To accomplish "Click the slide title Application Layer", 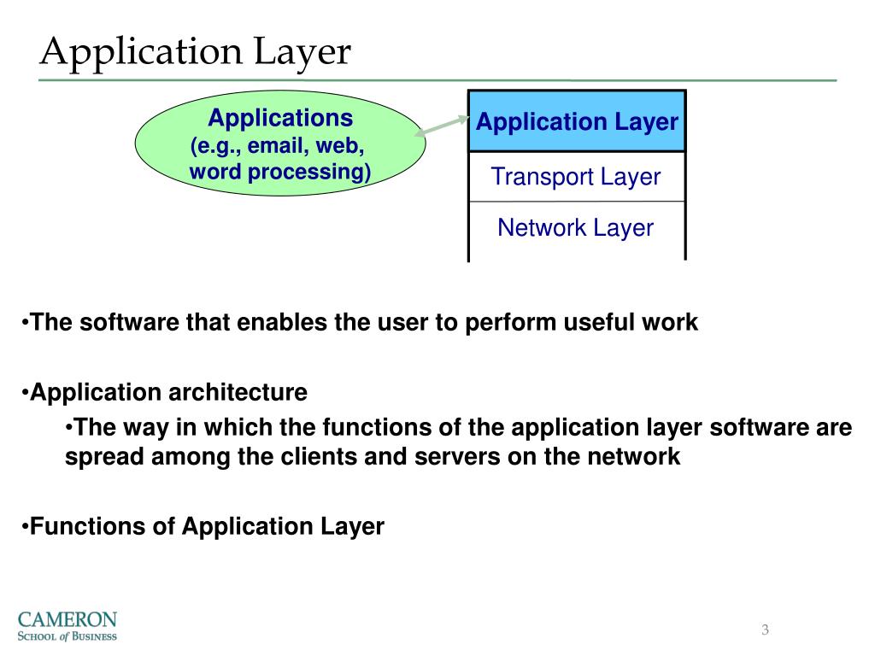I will (x=196, y=52).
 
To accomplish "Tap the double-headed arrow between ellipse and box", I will (x=446, y=126).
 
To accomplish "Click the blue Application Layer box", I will (x=577, y=122).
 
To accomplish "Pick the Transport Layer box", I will (x=576, y=177).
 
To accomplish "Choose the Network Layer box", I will (x=576, y=228).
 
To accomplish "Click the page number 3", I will (x=766, y=631).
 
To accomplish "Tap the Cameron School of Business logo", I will (x=68, y=625).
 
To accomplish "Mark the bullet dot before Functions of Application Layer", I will (x=26, y=526).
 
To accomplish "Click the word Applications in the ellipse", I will (x=280, y=117).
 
